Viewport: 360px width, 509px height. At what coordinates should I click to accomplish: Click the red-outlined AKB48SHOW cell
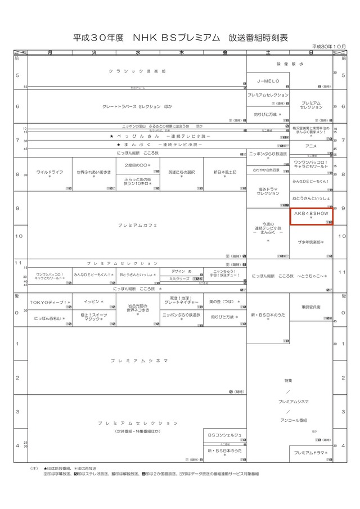coord(311,216)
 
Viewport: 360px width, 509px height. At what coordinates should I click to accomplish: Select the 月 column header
coord(50,52)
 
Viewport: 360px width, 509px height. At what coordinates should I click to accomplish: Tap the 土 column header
coord(268,52)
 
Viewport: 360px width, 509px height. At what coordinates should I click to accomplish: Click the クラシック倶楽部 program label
coord(137,71)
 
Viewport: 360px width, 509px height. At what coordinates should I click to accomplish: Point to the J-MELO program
coord(268,80)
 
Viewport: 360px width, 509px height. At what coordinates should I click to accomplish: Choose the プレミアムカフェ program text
coord(137,224)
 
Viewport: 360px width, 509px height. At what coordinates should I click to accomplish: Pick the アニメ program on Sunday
coord(311,146)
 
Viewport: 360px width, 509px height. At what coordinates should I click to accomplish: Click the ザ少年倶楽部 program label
coord(311,242)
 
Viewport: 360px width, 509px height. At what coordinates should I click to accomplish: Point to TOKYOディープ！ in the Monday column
coord(49,302)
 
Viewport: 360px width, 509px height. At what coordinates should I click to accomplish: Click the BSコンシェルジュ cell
coord(224,435)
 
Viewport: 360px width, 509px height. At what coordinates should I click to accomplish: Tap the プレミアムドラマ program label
coord(311,452)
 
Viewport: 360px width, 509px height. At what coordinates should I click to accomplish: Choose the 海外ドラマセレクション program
coord(268,191)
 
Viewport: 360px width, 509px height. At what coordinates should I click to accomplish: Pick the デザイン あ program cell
coord(181,271)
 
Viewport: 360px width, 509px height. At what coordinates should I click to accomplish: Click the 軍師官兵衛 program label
coord(311,307)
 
